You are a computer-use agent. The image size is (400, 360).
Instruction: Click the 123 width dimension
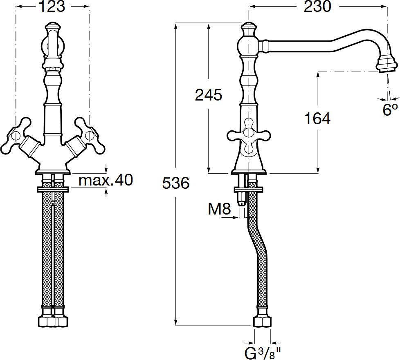(x=52, y=7)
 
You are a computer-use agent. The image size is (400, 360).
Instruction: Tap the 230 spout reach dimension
(x=317, y=7)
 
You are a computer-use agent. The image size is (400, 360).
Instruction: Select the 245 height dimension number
(x=209, y=95)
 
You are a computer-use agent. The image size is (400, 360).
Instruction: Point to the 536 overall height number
(x=176, y=183)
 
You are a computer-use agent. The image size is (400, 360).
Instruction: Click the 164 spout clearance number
(x=318, y=119)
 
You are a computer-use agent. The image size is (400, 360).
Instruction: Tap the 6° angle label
(x=390, y=110)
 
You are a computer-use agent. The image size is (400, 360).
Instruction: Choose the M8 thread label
(x=219, y=209)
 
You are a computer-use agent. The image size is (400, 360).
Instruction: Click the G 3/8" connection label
(x=263, y=353)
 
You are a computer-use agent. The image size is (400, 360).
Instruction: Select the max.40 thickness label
(x=106, y=180)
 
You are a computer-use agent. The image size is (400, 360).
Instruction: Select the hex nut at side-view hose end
(x=262, y=322)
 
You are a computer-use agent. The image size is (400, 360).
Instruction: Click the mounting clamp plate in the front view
(x=53, y=190)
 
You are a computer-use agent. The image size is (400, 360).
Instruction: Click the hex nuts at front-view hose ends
(x=53, y=322)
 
